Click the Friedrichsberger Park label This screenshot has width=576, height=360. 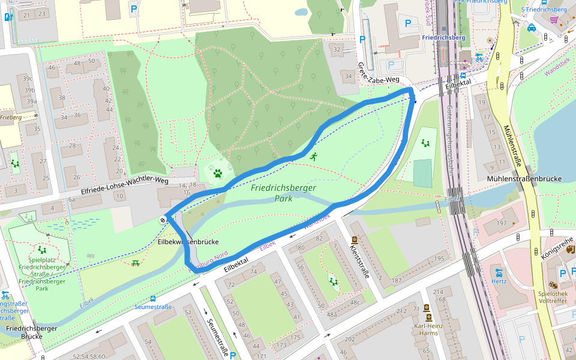pyautogui.click(x=283, y=193)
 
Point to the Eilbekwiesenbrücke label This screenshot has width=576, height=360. pyautogui.click(x=188, y=242)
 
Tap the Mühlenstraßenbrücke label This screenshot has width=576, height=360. pyautogui.click(x=524, y=179)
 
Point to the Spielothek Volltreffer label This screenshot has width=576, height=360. pyautogui.click(x=552, y=297)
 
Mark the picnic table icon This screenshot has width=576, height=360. pyautogui.click(x=135, y=263)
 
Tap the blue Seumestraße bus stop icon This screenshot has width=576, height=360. pyautogui.click(x=153, y=298)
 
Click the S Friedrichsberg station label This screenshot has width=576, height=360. pyautogui.click(x=544, y=9)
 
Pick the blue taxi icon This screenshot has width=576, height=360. pyautogui.click(x=531, y=28)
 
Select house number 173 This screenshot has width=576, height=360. pyautogui.click(x=280, y=345)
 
